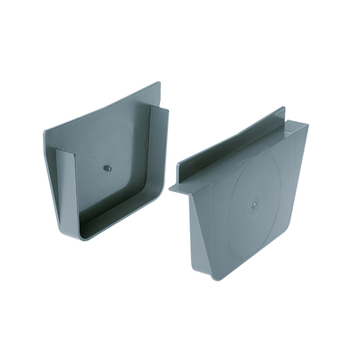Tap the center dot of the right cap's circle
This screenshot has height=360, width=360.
(x=255, y=203)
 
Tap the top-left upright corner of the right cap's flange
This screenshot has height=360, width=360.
(x=282, y=110)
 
